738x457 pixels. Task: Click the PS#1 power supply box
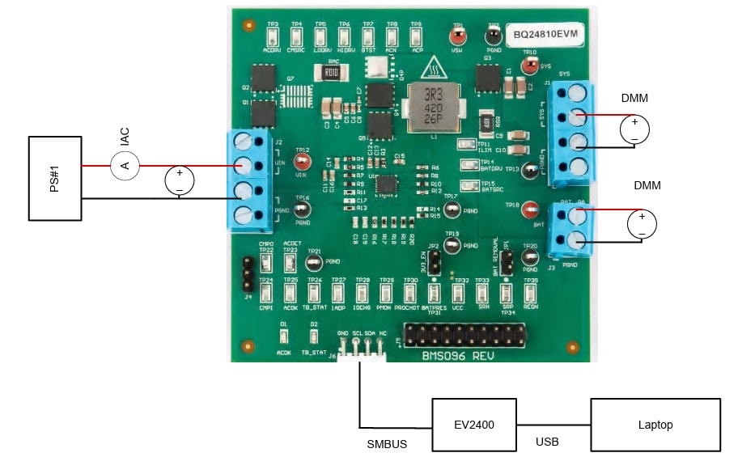(56, 178)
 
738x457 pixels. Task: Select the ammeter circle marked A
(125, 166)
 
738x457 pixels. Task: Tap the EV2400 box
(474, 425)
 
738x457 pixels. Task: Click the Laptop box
(655, 425)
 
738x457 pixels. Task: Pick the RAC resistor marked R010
(331, 72)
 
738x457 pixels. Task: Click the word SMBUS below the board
(387, 444)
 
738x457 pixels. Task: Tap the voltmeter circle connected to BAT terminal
(642, 222)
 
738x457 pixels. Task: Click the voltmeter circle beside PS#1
(180, 179)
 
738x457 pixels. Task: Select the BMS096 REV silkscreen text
(457, 355)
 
